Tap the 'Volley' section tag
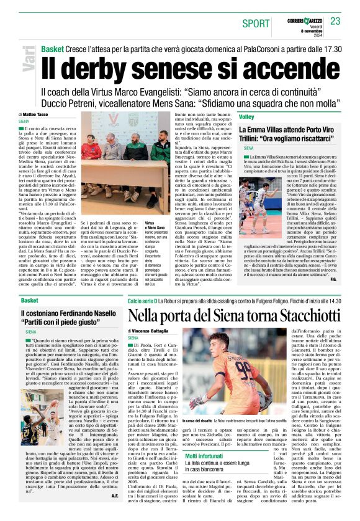246,117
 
